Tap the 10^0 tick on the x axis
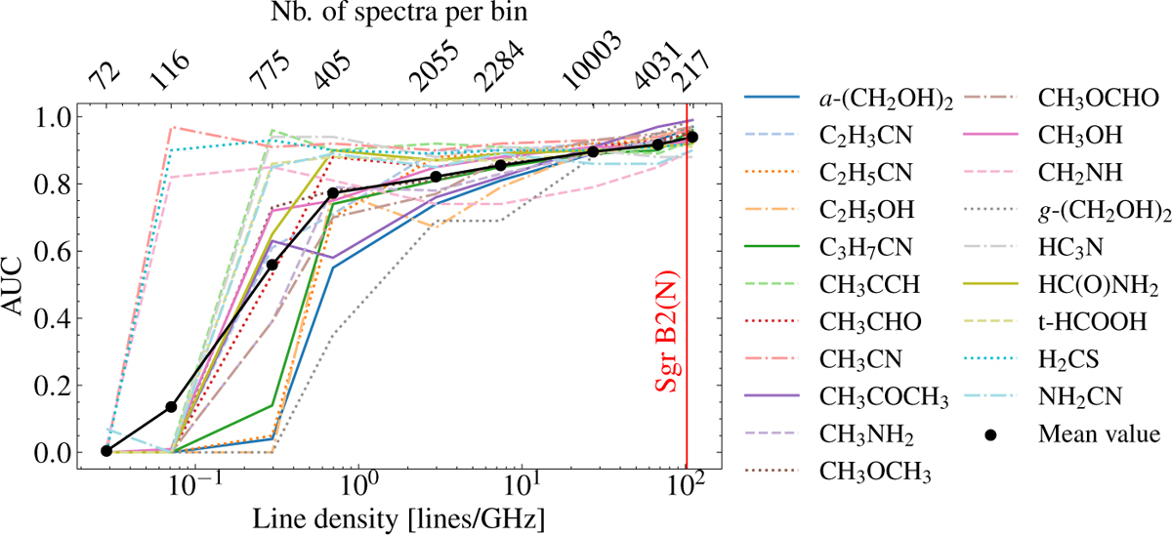tap(360, 485)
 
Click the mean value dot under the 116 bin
tap(171, 406)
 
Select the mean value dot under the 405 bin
tap(333, 193)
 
